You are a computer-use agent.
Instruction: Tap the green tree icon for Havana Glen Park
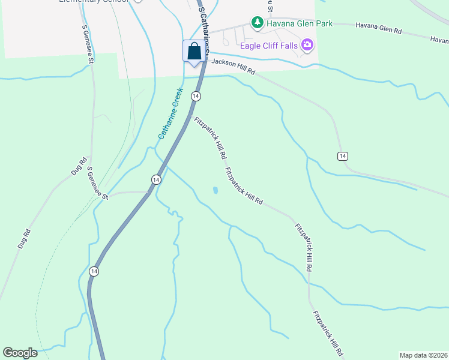point(258,22)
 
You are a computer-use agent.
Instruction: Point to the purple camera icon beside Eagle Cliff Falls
point(308,44)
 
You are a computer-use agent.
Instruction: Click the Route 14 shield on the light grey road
point(342,156)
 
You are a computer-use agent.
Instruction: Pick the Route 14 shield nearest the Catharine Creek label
point(196,96)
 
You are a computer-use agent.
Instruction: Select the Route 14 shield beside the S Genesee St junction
point(155,179)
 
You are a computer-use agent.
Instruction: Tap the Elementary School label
point(94,1)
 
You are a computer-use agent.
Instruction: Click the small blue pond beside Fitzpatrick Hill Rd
point(215,191)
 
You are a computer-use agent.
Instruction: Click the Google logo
point(20,353)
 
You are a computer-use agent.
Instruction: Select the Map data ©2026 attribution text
point(423,355)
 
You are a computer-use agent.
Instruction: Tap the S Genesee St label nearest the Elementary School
point(88,44)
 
